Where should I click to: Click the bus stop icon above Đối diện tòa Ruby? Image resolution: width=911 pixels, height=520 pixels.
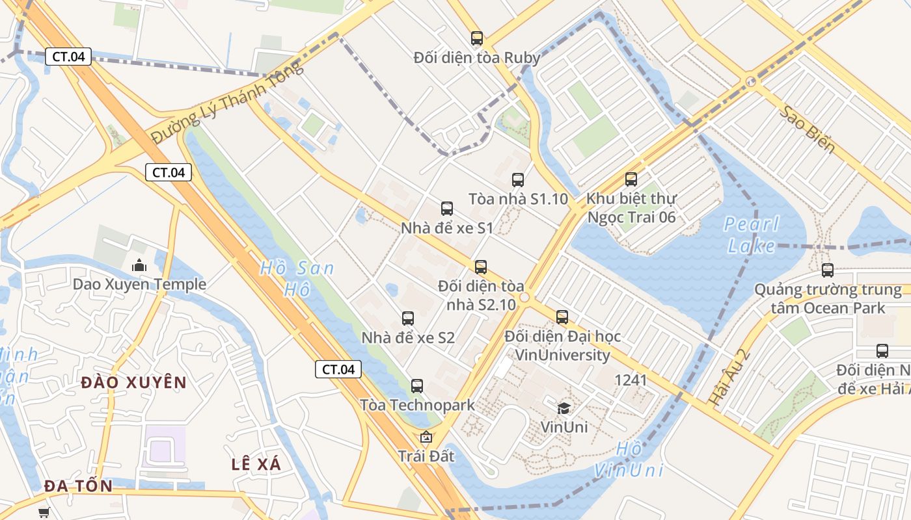(477, 38)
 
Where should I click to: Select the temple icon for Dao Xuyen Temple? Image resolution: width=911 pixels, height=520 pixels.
(139, 265)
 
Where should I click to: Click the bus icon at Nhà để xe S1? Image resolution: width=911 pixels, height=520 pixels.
(447, 209)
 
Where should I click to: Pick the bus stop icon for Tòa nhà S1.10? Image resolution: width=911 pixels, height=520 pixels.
(518, 180)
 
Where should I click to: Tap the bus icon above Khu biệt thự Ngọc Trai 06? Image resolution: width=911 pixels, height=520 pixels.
(631, 179)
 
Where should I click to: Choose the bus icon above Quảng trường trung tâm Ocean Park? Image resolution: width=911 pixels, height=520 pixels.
(828, 270)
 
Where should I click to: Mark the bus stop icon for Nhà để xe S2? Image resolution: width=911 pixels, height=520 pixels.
(408, 318)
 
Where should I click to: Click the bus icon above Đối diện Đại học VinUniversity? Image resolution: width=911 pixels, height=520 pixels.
(562, 317)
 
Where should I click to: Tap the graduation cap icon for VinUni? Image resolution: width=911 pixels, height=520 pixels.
(564, 408)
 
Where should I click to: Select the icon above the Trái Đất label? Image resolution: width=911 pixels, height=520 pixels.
(426, 437)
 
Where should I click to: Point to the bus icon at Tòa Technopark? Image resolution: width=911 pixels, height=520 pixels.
(417, 386)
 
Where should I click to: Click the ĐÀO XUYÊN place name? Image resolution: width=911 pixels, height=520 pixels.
(134, 382)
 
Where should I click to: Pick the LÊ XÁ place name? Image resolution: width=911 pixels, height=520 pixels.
(256, 464)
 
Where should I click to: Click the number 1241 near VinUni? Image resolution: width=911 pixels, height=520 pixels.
(631, 380)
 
